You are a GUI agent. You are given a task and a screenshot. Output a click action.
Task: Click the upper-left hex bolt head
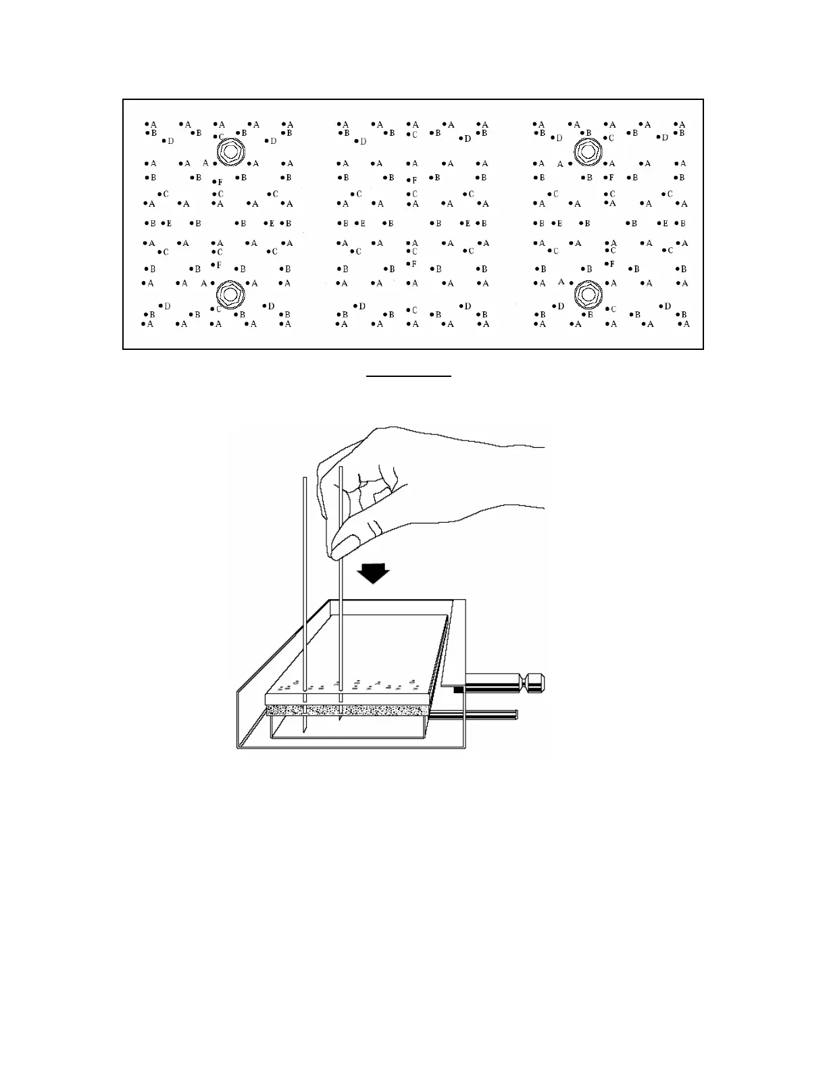(230, 153)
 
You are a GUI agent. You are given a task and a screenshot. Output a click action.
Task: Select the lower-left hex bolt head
(230, 295)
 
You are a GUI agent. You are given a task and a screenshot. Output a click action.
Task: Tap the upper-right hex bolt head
(588, 151)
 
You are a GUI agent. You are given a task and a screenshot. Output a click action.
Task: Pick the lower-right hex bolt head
(588, 295)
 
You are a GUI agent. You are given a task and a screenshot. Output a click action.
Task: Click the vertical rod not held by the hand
(305, 594)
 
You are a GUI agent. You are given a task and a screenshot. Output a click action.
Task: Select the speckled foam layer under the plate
(348, 709)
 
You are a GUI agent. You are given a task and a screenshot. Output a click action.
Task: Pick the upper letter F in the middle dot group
(415, 180)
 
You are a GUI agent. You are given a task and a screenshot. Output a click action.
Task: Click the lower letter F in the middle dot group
(414, 263)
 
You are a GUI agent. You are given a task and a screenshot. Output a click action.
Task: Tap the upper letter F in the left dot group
(220, 182)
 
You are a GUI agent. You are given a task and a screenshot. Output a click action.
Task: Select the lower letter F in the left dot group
(219, 265)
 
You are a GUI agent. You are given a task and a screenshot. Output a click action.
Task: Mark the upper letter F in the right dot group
(611, 178)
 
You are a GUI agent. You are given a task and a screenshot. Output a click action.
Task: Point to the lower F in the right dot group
(612, 263)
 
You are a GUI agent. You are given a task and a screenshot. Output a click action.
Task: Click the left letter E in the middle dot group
(363, 223)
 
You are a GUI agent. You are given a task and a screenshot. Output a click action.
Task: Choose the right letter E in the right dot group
(666, 223)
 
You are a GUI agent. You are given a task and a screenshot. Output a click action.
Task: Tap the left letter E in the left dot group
(169, 223)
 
